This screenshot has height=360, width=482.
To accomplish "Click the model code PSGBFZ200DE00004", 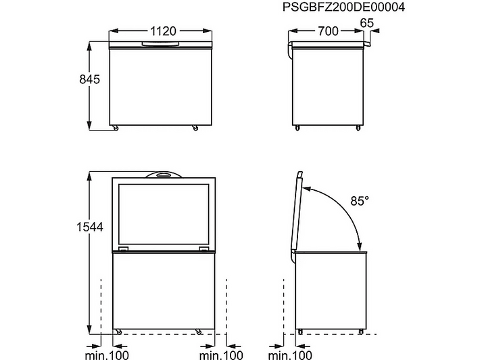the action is [x=343, y=7].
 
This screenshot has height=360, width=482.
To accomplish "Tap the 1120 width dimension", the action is [x=163, y=31].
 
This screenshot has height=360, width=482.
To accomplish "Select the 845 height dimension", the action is [x=89, y=79].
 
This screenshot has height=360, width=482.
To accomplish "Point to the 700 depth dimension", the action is [x=328, y=31].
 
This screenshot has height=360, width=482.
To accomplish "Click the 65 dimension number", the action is [x=366, y=23].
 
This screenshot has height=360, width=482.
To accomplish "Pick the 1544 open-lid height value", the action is [x=90, y=227].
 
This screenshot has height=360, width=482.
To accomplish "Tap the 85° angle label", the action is [x=360, y=201].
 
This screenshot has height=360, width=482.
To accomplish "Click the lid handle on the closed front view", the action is [x=160, y=44].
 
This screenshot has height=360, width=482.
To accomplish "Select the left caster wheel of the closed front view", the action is [x=116, y=128].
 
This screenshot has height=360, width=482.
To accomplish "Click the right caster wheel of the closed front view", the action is [x=195, y=128].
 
